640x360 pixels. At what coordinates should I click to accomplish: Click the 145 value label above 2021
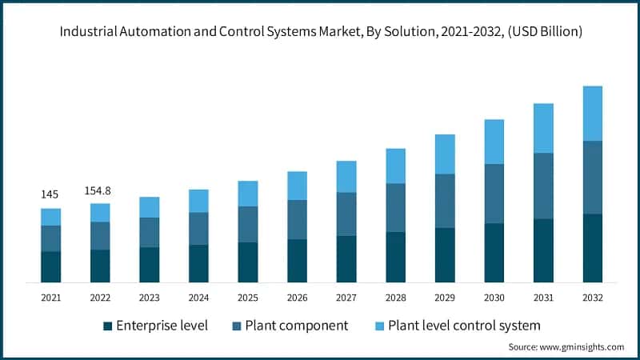(x=50, y=195)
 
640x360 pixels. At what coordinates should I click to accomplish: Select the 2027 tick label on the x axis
(x=346, y=298)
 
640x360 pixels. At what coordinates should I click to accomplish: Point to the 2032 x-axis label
(x=592, y=298)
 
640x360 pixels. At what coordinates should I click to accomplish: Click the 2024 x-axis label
(x=198, y=298)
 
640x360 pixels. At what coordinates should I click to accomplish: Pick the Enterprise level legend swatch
(x=107, y=326)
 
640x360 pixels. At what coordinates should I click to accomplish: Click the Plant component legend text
(x=297, y=326)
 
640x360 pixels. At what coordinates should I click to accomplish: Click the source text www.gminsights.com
(x=566, y=347)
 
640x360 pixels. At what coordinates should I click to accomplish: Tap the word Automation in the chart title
(x=181, y=32)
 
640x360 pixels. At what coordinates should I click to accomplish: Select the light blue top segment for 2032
(x=592, y=114)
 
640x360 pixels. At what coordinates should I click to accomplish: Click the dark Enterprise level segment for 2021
(x=50, y=266)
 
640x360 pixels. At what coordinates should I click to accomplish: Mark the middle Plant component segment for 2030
(x=494, y=194)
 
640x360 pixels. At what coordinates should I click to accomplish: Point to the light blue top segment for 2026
(x=297, y=186)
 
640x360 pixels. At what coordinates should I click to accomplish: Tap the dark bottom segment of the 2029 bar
(x=445, y=254)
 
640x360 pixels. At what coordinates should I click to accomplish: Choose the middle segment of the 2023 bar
(x=149, y=232)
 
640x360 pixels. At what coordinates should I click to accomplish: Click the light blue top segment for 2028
(x=395, y=166)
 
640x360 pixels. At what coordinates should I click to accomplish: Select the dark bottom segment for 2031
(x=543, y=250)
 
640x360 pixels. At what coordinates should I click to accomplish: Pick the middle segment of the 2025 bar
(x=248, y=224)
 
